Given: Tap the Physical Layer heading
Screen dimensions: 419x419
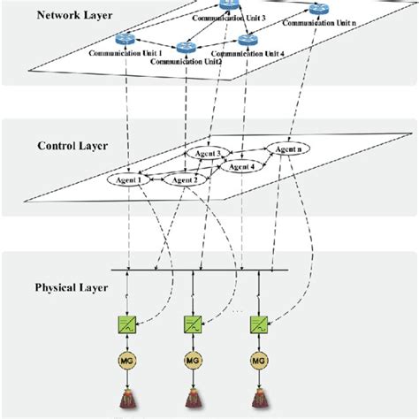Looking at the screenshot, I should (x=71, y=287).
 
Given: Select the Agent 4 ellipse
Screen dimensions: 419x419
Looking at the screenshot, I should (x=241, y=166).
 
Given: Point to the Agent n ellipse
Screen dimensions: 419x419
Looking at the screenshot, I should (x=293, y=149).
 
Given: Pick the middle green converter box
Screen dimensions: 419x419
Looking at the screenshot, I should (x=192, y=324).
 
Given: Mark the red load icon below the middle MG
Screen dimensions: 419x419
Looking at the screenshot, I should (x=192, y=400).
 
